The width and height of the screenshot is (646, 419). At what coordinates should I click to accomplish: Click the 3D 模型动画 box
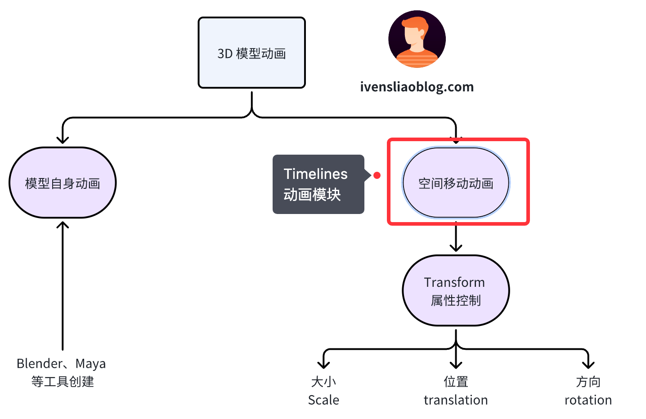click(x=251, y=53)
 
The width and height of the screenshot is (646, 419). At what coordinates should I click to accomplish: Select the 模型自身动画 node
click(x=63, y=183)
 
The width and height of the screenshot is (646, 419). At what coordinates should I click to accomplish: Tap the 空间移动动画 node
click(x=456, y=183)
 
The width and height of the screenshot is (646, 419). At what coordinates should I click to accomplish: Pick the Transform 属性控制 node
click(x=456, y=291)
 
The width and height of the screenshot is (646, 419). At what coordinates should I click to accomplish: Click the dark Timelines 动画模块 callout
click(x=318, y=184)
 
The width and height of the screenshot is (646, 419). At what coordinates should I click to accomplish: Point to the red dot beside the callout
click(x=377, y=175)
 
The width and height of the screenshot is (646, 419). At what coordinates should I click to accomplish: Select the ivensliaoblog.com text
click(x=417, y=87)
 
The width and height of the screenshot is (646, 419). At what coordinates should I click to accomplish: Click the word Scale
click(x=323, y=400)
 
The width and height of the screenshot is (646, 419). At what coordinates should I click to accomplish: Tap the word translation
click(x=456, y=400)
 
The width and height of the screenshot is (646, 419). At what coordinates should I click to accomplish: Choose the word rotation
click(x=588, y=400)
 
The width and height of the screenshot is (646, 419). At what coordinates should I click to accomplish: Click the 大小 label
click(x=323, y=382)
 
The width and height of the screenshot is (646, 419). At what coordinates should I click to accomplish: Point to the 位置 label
click(x=456, y=382)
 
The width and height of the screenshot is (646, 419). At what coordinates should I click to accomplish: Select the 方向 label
click(x=588, y=382)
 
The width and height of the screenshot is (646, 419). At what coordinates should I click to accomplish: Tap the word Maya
click(x=90, y=363)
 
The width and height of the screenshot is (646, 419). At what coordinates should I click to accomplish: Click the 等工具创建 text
click(x=63, y=382)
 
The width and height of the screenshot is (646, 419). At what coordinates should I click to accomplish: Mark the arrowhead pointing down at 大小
click(x=323, y=364)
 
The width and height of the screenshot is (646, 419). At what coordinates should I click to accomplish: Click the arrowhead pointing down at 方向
click(x=588, y=364)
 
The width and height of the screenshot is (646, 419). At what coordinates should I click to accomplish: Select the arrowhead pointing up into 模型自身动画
click(x=63, y=224)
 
